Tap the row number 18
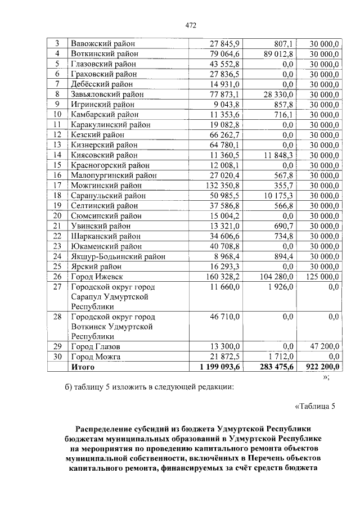(x=57, y=195)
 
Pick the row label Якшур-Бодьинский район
(x=118, y=256)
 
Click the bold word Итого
(x=83, y=367)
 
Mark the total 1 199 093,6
(x=216, y=367)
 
